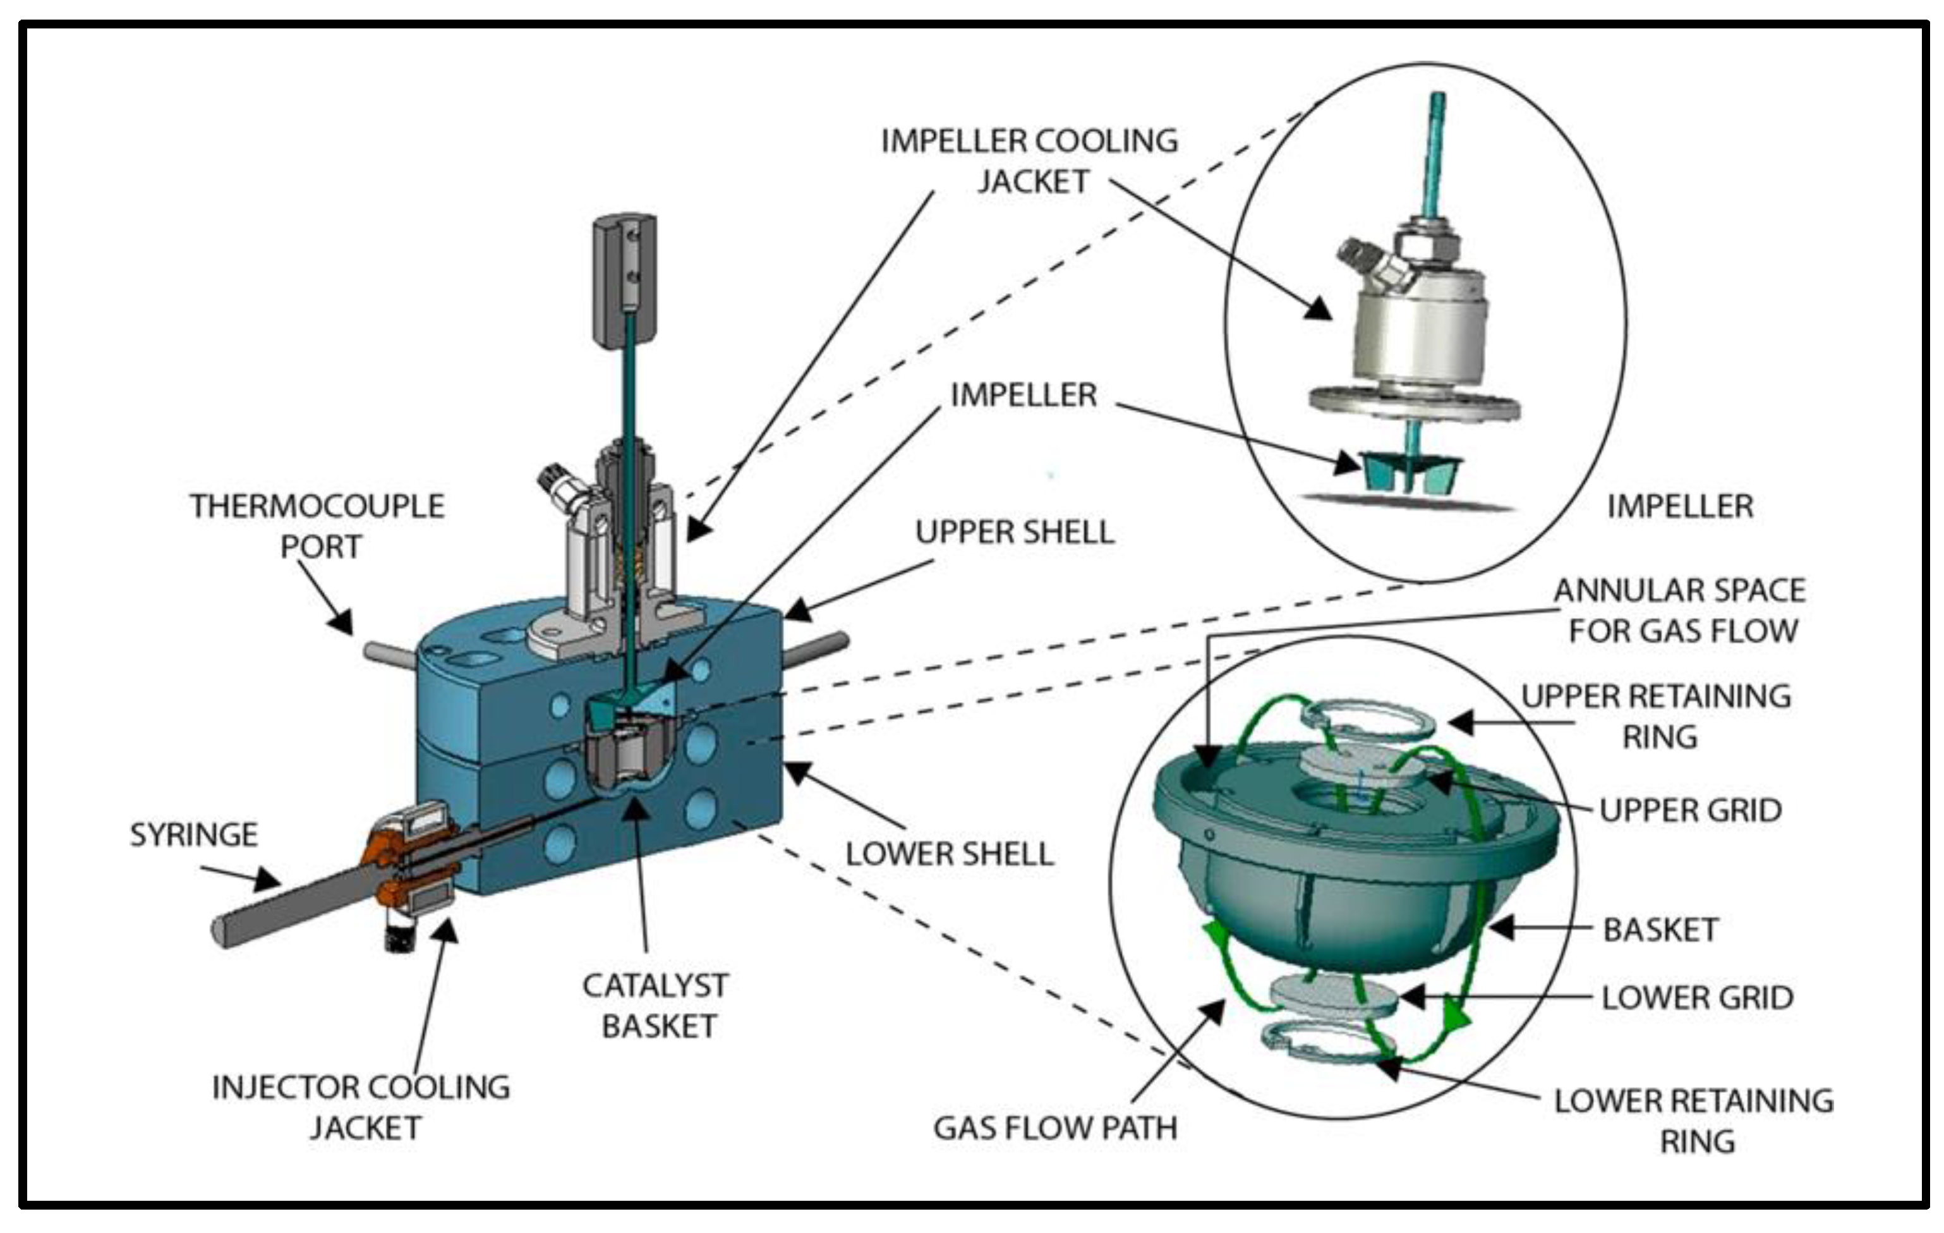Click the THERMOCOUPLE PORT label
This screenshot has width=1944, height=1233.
[x=317, y=526]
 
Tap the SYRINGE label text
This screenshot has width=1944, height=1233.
[x=194, y=834]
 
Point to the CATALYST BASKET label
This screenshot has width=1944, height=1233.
[x=656, y=1006]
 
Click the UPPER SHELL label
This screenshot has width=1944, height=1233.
[x=1015, y=532]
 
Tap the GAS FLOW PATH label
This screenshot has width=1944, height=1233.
[x=1054, y=1128]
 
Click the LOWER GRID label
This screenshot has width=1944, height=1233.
[x=1697, y=998]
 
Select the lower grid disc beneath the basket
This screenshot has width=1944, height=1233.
[x=1332, y=995]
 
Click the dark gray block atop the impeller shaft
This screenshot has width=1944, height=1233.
[x=625, y=279]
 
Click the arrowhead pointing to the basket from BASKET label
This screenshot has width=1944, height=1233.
[x=1500, y=928]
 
